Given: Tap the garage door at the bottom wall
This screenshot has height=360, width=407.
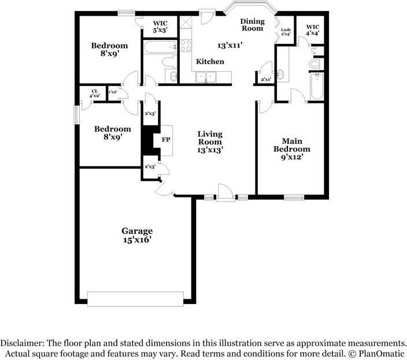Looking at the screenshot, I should [136, 298].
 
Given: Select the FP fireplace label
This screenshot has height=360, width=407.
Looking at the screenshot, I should [166, 140].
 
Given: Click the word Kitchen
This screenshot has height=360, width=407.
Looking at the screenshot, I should [210, 61].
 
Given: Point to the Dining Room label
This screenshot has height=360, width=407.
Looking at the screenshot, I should [252, 25].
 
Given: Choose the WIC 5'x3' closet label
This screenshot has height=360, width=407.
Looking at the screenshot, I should [160, 27].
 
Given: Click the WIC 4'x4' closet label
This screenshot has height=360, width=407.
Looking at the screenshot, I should [312, 30].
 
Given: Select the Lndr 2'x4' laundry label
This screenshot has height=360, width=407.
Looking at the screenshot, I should [285, 32].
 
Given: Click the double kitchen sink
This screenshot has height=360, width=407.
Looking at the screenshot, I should [205, 76].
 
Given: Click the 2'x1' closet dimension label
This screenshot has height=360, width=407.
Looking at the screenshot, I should [266, 79].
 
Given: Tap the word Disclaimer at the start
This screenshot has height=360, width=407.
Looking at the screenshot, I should [24, 342].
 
